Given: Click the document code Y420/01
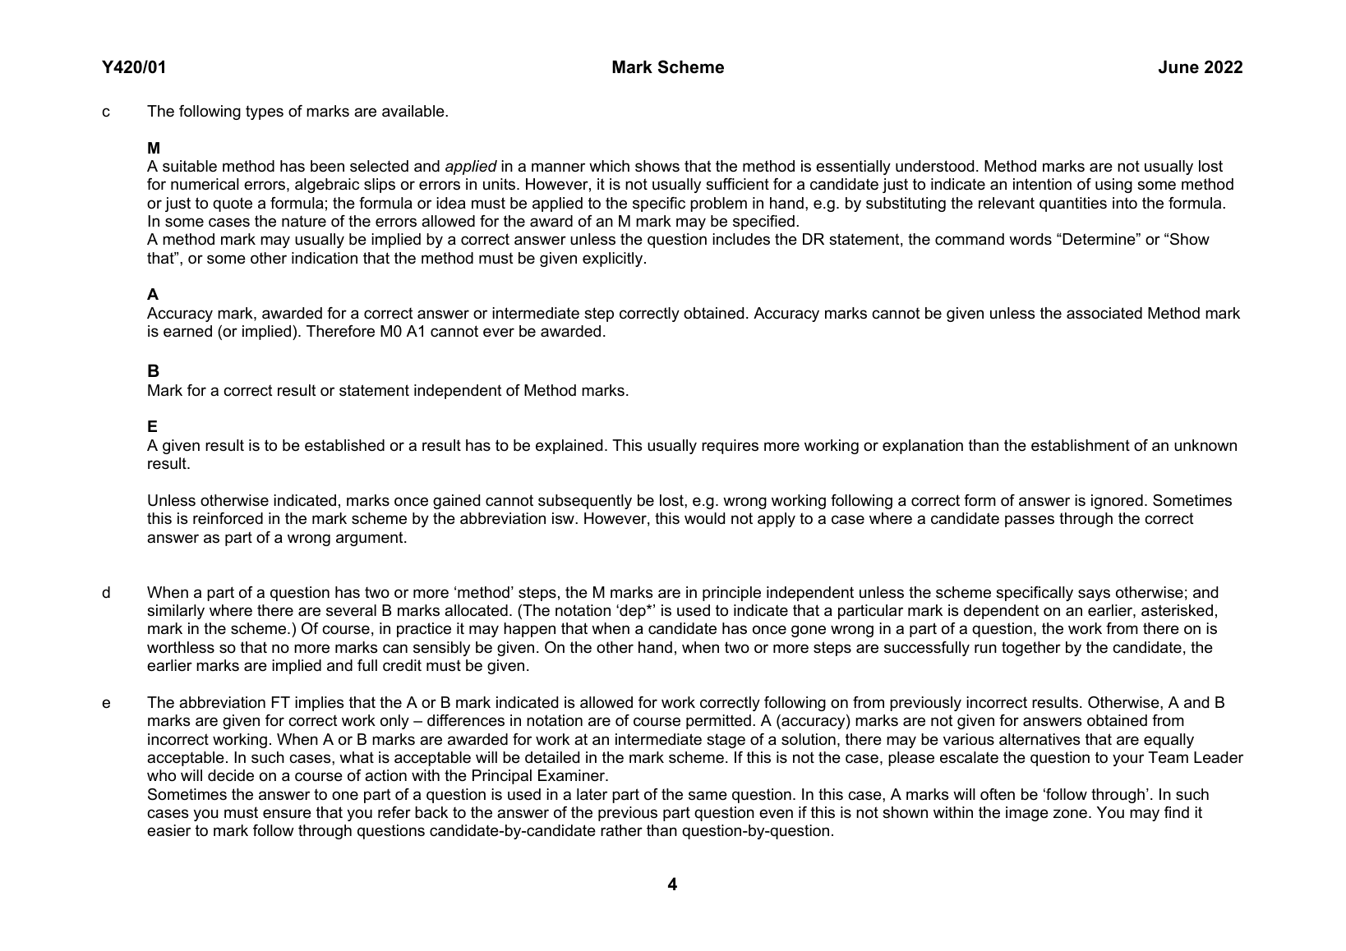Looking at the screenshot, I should [x=134, y=67].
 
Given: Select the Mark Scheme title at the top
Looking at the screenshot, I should [x=667, y=67].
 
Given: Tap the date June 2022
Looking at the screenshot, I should [x=1200, y=67].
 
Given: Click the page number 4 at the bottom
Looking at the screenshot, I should [x=672, y=884].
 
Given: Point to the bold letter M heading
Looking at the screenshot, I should [x=154, y=148].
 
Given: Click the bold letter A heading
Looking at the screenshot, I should [x=153, y=294].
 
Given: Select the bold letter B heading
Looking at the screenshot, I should [x=153, y=371].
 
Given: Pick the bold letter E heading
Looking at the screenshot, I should [x=153, y=426].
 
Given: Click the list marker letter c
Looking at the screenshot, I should [x=106, y=112].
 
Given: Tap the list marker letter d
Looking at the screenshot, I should [x=106, y=593].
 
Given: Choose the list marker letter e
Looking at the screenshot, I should [x=106, y=703].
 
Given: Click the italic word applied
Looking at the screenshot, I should [x=470, y=167].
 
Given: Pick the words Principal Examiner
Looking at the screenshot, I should [x=539, y=776].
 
